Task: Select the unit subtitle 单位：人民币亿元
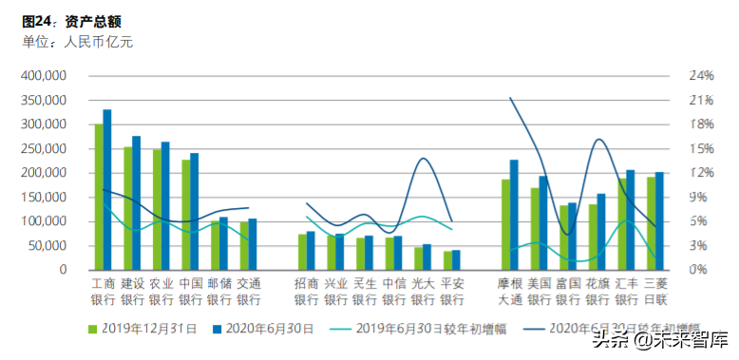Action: pyautogui.click(x=80, y=41)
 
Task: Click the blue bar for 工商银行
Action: pyautogui.click(x=107, y=189)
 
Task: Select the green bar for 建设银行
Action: pyautogui.click(x=127, y=208)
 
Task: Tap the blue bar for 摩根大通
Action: pyautogui.click(x=514, y=215)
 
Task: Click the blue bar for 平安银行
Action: pyautogui.click(x=456, y=259)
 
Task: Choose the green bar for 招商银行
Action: pyautogui.click(x=302, y=252)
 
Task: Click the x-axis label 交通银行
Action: pyautogui.click(x=248, y=291)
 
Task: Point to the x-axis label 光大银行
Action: pyautogui.click(x=423, y=291)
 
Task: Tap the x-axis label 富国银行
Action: pyautogui.click(x=568, y=291)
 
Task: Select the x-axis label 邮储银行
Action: pyautogui.click(x=218, y=291)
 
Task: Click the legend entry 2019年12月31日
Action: pyautogui.click(x=142, y=329)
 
